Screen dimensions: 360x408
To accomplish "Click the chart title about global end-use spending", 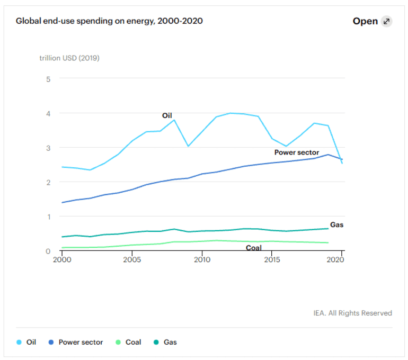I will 109,21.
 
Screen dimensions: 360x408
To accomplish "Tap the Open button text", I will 365,22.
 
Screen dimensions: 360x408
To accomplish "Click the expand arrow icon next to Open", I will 387,22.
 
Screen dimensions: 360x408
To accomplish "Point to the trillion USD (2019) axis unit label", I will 69,58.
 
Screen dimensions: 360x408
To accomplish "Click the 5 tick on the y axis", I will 48,79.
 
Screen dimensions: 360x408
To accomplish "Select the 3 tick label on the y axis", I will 48,148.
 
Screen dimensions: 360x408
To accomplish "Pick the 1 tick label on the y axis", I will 48,217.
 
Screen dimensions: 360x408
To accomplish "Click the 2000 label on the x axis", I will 62,260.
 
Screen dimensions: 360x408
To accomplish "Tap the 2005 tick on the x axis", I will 132,260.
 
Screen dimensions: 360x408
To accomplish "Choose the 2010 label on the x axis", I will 202,260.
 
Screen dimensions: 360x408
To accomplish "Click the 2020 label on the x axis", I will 335,260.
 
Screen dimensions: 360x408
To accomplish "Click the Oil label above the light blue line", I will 167,115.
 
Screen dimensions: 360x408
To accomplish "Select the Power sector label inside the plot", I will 297,152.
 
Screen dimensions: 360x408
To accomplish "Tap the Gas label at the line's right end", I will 337,224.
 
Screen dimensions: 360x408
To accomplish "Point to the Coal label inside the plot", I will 253,248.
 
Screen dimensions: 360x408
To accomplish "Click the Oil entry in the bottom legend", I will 26,342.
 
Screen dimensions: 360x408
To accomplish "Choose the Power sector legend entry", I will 75,342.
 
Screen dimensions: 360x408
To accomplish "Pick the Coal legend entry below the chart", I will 128,342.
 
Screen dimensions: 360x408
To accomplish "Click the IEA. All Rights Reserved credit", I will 352,313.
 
